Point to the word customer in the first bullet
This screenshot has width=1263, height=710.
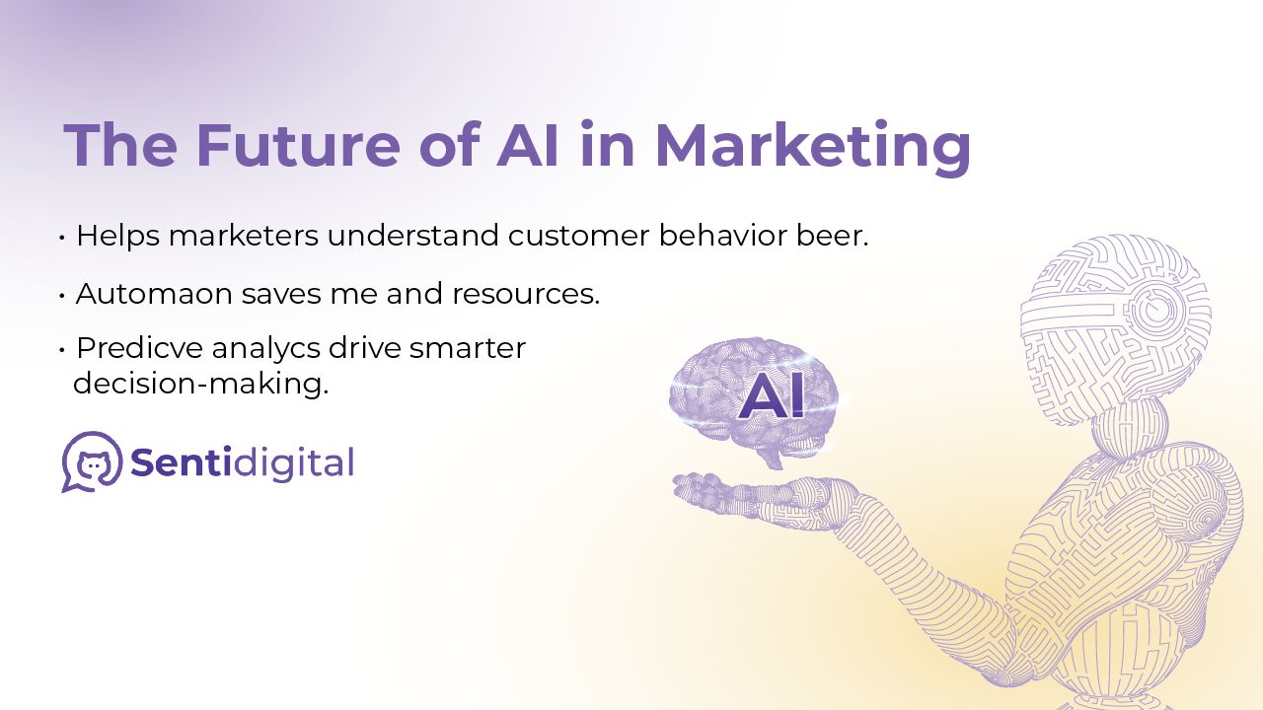tap(578, 236)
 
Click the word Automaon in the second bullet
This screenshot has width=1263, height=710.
tap(154, 294)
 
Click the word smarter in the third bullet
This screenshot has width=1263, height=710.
tap(468, 348)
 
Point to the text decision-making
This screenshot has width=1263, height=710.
tap(201, 385)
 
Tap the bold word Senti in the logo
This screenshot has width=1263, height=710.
tap(181, 462)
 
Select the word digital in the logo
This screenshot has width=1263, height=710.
tap(293, 463)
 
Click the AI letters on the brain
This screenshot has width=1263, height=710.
tap(771, 398)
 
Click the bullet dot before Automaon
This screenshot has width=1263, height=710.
tap(62, 295)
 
